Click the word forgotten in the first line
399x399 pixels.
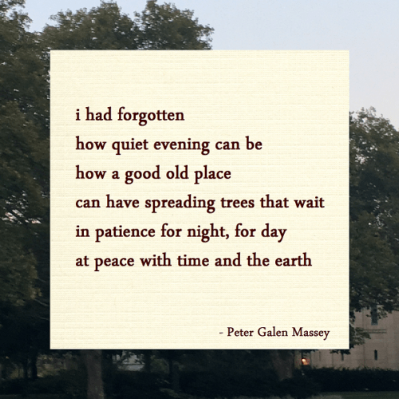[x=151, y=116]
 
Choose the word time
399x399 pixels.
[x=199, y=260]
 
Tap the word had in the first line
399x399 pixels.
[x=98, y=115]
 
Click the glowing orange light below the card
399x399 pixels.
[x=303, y=361]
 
